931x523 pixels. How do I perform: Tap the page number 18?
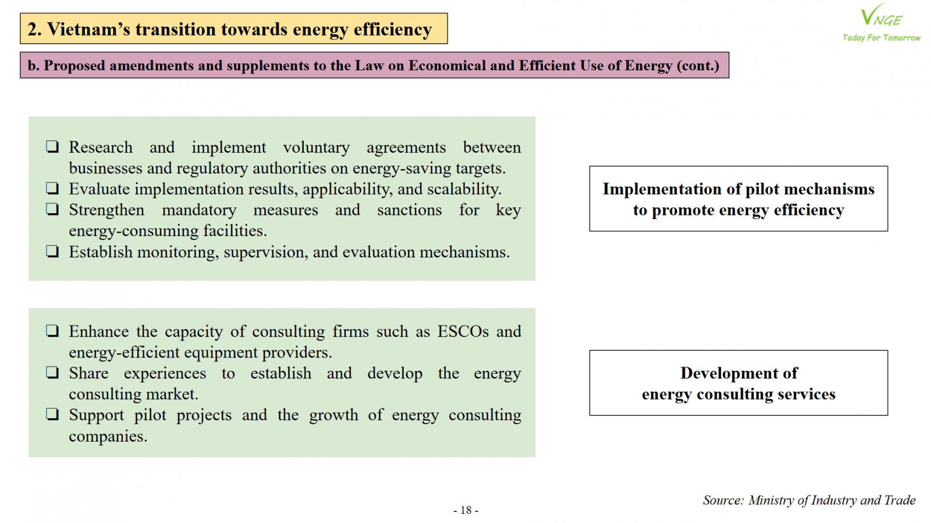[466, 510]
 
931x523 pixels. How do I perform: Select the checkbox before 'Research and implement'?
[52, 147]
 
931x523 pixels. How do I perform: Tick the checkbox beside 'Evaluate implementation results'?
[52, 188]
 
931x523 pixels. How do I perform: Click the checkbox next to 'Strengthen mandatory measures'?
[52, 209]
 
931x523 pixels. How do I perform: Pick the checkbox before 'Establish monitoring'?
[52, 252]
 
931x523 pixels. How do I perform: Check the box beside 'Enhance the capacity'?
[52, 331]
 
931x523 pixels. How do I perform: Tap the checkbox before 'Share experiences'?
[52, 372]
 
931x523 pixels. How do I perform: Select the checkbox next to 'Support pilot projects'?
[52, 415]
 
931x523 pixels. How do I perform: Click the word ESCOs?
[463, 331]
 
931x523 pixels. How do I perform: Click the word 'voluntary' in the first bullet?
[317, 148]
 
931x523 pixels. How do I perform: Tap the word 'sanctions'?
[410, 210]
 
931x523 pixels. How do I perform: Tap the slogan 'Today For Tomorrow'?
[882, 38]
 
